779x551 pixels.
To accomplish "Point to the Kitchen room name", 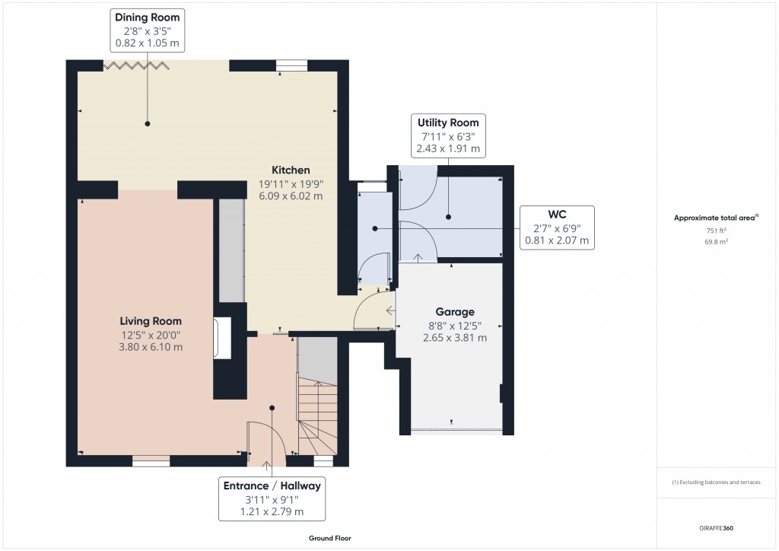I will coord(291,170).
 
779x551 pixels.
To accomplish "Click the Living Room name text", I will coord(150,321).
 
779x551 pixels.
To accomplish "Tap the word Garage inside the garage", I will coord(454,312).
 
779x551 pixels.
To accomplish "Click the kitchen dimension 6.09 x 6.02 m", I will coord(291,196).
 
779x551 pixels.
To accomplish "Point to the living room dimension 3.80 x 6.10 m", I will coord(150,347).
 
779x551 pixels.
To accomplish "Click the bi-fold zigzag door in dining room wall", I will coord(135,66).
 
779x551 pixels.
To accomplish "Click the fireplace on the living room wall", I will coord(222,338).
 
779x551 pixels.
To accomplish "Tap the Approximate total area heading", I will coord(716,218).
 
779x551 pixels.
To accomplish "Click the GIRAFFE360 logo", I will coord(717,528).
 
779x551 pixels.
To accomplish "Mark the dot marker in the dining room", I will coord(148,123).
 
